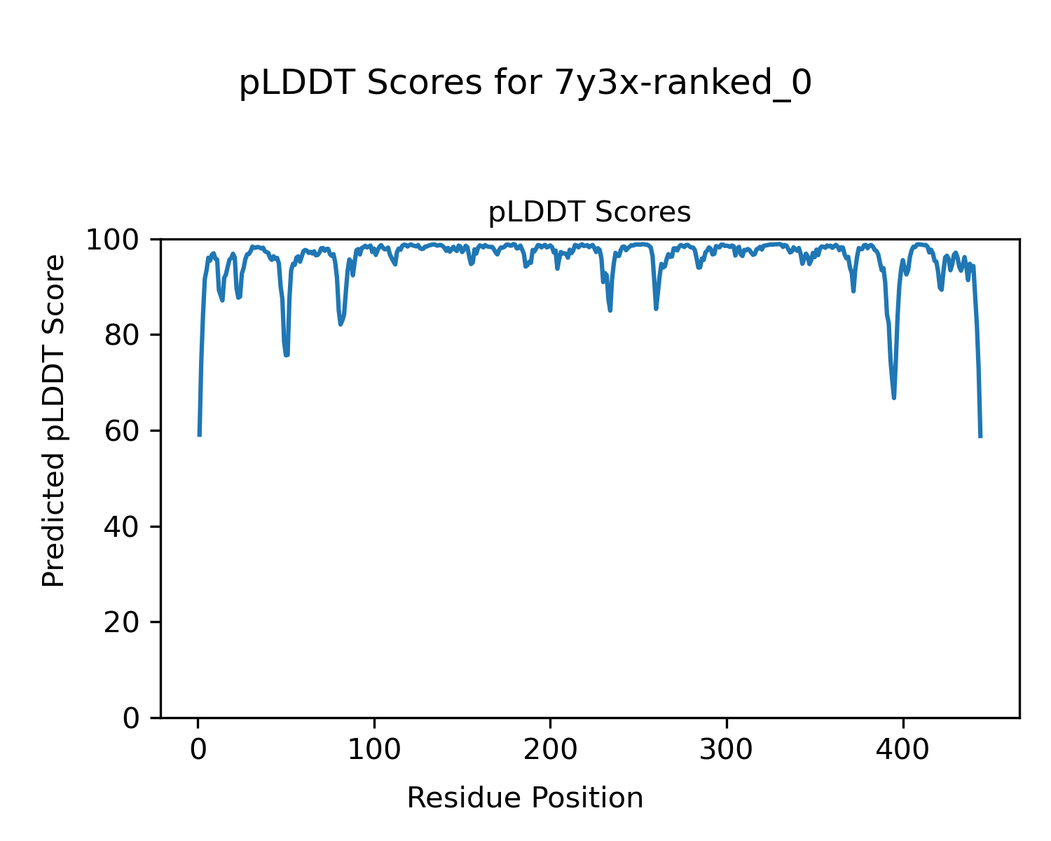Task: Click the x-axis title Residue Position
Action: coord(525,798)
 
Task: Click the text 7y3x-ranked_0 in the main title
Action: coord(683,84)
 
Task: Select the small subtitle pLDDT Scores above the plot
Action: coord(589,212)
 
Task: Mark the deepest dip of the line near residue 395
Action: coord(894,397)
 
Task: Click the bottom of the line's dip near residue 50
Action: coord(287,355)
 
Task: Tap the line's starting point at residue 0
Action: coord(200,435)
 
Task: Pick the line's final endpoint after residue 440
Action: coord(980,437)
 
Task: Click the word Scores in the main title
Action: coord(424,84)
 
